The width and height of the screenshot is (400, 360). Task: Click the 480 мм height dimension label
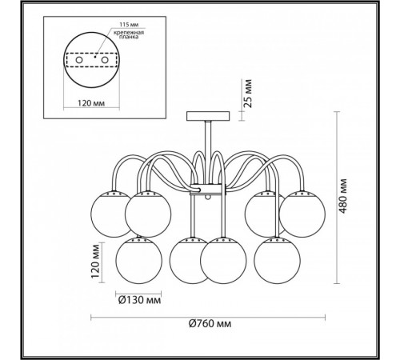click(x=343, y=196)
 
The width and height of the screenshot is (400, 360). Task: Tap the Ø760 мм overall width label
click(x=210, y=324)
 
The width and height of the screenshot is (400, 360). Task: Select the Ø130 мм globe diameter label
click(x=139, y=300)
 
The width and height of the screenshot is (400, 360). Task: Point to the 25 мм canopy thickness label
click(x=248, y=93)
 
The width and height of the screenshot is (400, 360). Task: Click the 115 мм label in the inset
click(x=129, y=25)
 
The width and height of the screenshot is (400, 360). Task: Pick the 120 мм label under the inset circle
click(x=91, y=103)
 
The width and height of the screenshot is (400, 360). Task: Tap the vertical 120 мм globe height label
click(x=95, y=261)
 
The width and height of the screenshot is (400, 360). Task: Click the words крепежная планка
click(x=129, y=34)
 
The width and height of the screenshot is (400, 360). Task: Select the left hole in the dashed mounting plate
click(x=79, y=60)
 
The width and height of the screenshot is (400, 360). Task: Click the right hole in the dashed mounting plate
click(x=104, y=60)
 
